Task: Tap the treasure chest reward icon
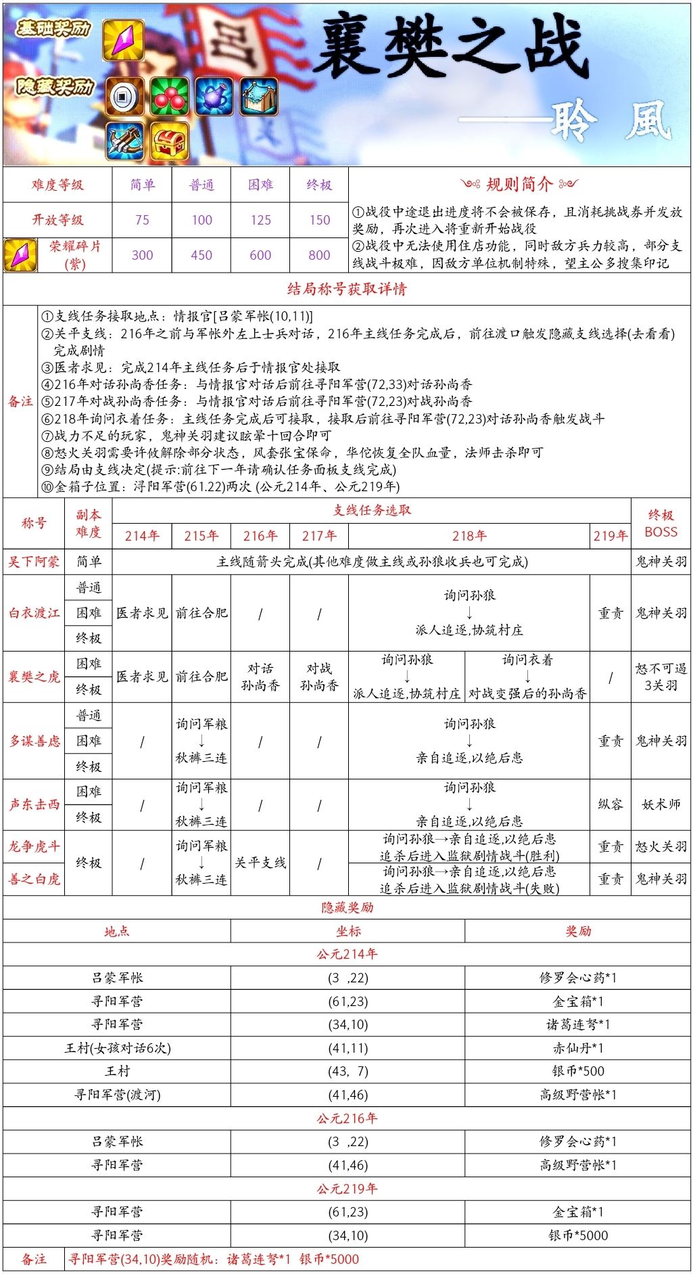point(169,141)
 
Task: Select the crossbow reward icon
point(124,141)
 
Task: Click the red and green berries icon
point(169,96)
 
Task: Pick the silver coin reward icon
point(124,96)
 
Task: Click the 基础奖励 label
point(53,28)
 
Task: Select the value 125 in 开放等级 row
point(260,220)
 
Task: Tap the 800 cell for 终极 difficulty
point(319,255)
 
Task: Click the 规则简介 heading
point(519,184)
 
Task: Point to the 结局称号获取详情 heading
point(347,290)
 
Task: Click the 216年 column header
point(260,536)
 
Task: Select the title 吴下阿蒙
point(34,562)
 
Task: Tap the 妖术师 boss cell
point(661,804)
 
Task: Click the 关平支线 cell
point(260,863)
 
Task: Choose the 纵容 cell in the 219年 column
point(610,804)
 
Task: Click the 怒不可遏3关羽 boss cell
point(661,677)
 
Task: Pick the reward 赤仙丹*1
point(578,1048)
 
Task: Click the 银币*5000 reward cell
point(578,1235)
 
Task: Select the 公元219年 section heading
point(347,1189)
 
